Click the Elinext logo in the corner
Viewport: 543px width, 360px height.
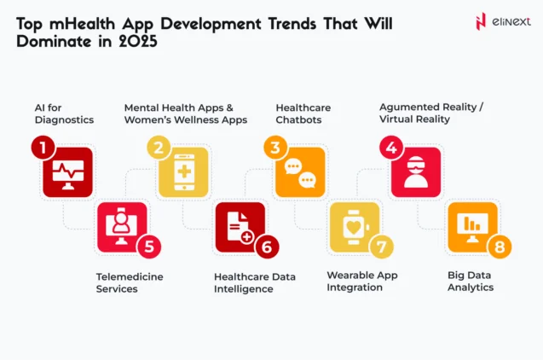(x=498, y=20)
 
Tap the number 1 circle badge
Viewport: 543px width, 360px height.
(x=41, y=148)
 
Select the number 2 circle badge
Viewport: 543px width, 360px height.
(x=157, y=148)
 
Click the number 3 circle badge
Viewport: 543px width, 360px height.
(x=274, y=148)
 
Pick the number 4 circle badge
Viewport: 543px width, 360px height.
(x=390, y=148)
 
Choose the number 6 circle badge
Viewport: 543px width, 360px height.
(x=266, y=247)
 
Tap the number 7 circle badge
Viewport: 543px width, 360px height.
(x=382, y=247)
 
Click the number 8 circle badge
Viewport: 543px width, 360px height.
(x=499, y=247)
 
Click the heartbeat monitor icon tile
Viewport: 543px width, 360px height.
(x=67, y=173)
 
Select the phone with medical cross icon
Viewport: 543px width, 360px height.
(x=183, y=173)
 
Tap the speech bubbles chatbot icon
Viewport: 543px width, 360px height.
(x=300, y=173)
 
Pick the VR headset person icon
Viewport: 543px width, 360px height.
(x=416, y=173)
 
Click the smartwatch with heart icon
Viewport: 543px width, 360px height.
(x=355, y=227)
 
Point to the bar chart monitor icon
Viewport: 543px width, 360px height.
(x=472, y=227)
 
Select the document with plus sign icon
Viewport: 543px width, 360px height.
(x=240, y=227)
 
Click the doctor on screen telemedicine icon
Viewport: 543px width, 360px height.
(x=123, y=227)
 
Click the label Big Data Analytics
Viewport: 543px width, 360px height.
(x=471, y=282)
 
